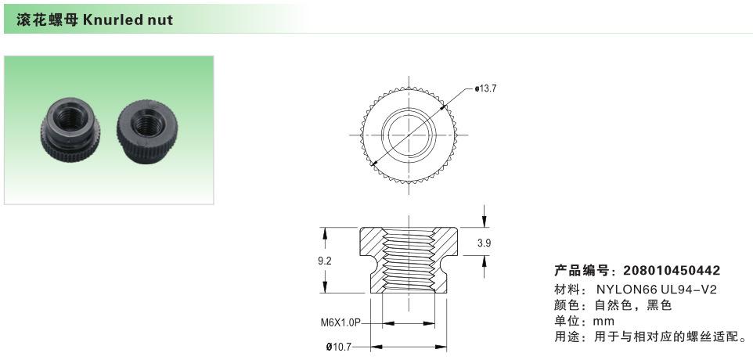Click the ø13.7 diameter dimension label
coord(485,88)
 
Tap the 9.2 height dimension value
coord(325,261)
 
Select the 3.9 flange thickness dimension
coord(484,243)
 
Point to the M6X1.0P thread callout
coord(340,322)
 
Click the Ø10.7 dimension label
coord(340,346)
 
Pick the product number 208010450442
coord(672,271)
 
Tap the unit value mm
coord(603,321)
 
